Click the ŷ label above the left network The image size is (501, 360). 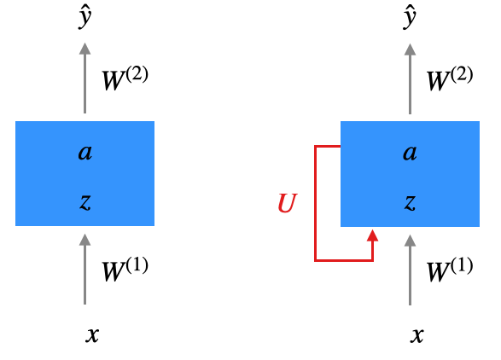coord(85,19)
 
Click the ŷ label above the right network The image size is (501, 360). coord(410,19)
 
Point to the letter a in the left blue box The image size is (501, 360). coord(85,153)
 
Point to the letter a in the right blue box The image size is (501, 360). coord(410,153)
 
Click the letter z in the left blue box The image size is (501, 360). coord(85,202)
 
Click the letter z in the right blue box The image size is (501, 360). coord(410,202)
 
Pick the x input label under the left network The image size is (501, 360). coord(92,335)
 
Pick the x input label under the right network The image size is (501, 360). coord(417,335)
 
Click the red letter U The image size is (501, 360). coord(288,203)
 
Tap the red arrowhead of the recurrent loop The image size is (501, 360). coord(373,235)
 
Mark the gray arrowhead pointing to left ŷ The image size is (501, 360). coord(85,49)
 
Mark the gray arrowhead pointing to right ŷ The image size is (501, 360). coord(410,49)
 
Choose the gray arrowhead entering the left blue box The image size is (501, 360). coord(85,240)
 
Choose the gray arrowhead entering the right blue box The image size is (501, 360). coord(410,241)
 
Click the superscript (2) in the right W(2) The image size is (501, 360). coord(462,74)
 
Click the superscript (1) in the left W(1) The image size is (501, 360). coord(137,265)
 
